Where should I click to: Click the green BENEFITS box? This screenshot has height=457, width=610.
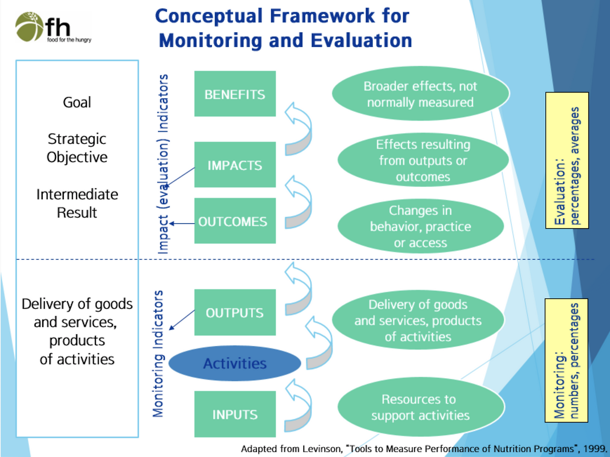coord(235,93)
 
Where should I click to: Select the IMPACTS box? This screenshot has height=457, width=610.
coord(235,165)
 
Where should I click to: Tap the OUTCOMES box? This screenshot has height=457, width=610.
coord(235,221)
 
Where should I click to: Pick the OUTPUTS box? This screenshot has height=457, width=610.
coord(235,312)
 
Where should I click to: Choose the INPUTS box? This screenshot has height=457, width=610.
coord(235,414)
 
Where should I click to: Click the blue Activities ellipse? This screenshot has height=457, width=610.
coord(235,364)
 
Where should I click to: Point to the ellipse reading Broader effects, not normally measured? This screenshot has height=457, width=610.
coord(420,93)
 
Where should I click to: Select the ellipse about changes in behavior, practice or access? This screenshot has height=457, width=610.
coord(420,226)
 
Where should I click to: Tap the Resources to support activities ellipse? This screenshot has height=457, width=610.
coord(421,407)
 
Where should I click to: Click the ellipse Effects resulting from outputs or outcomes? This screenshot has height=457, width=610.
coord(423,160)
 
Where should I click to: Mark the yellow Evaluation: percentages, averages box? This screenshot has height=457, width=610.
coord(567,160)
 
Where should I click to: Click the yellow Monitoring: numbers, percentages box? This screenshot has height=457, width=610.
coord(566,361)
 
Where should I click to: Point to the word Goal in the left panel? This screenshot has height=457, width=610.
coord(77,103)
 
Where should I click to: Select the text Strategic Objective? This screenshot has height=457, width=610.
coord(77,148)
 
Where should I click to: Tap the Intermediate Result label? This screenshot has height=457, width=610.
coord(77,203)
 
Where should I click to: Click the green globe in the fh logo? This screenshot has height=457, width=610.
coord(30,27)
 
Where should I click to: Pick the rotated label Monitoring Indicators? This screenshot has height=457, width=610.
coord(158,354)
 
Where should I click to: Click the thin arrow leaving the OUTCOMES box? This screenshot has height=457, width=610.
coord(182,223)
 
